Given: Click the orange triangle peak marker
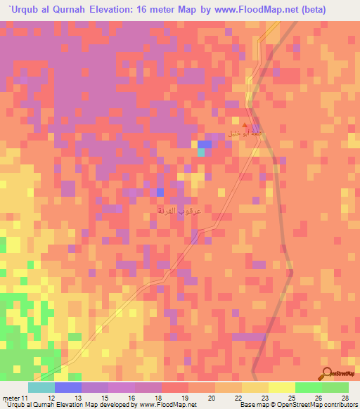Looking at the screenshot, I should (245, 125).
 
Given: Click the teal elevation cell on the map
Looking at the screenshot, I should (201, 152).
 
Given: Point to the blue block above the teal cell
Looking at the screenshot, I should (205, 143).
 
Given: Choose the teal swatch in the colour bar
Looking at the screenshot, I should (41, 387).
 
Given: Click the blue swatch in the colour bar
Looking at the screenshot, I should (68, 387).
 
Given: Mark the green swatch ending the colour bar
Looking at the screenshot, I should (335, 387).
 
